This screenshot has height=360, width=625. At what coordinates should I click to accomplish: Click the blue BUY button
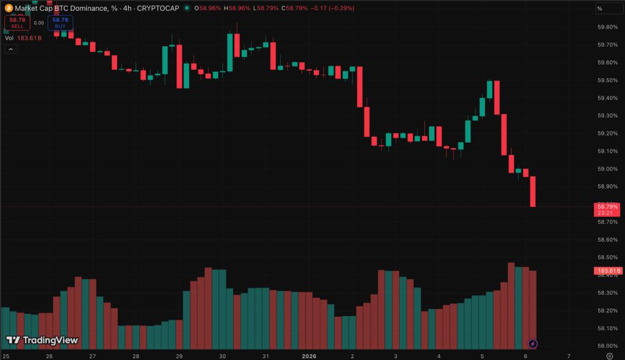(x=60, y=23)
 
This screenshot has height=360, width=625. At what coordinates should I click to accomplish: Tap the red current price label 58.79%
(x=607, y=207)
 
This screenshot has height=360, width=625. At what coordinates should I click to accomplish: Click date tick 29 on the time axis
(x=179, y=356)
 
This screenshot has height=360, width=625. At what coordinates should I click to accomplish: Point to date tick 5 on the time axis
(x=482, y=356)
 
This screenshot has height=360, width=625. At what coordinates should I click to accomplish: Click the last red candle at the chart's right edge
(x=533, y=192)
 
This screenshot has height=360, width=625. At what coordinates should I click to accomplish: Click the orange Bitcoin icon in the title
(x=8, y=8)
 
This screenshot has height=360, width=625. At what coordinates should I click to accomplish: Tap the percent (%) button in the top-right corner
(x=599, y=9)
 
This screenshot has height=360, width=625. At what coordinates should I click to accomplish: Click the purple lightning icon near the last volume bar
(x=533, y=344)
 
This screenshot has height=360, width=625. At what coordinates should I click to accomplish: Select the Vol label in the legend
(x=9, y=38)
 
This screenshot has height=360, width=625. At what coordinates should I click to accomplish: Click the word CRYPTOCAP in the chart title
(x=158, y=8)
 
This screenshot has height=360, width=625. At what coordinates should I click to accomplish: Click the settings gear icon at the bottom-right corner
(x=609, y=355)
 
